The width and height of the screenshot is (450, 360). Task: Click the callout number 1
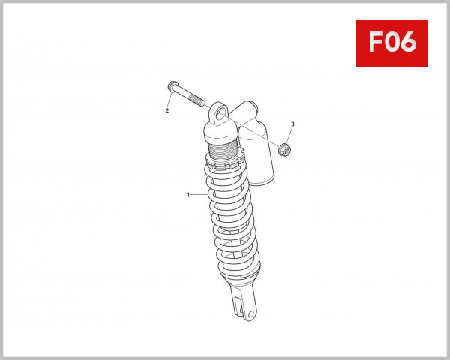click(x=188, y=195)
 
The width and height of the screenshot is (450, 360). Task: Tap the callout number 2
click(x=167, y=111)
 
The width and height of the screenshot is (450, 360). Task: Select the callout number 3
click(x=292, y=124)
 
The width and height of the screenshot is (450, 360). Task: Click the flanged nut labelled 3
click(x=284, y=150)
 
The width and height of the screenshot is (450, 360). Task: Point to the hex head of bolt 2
click(x=173, y=86)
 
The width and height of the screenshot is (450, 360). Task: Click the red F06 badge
click(x=391, y=43)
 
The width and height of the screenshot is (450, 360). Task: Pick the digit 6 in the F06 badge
click(x=408, y=43)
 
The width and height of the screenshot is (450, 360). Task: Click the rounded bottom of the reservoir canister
click(x=262, y=181)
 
